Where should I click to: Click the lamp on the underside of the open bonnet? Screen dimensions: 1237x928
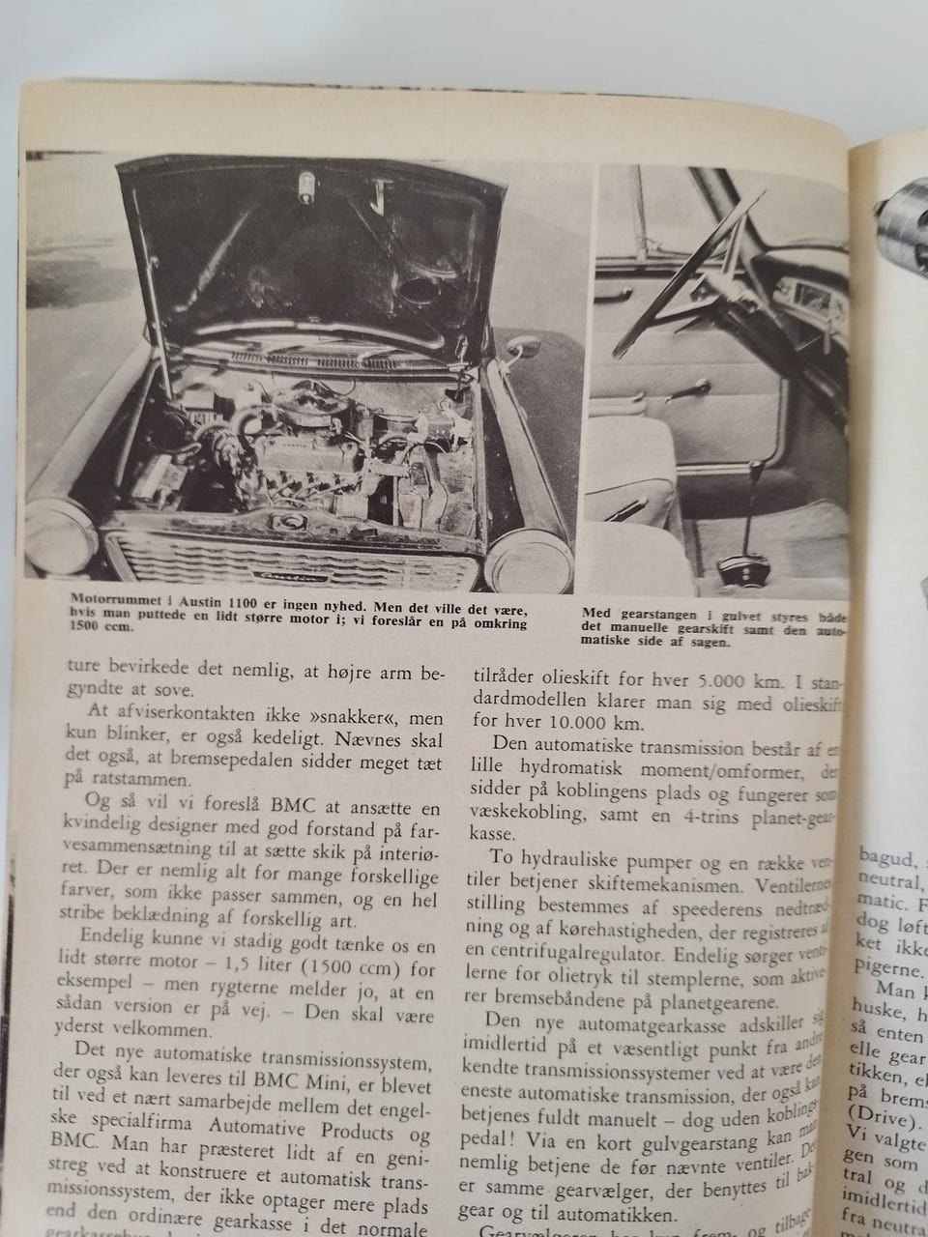tap(307, 183)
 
